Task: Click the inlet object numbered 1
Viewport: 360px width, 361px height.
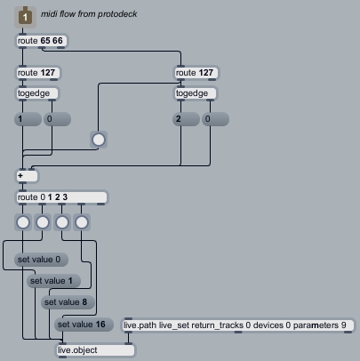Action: (25, 17)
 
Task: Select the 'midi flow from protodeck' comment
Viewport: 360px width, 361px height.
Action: (89, 14)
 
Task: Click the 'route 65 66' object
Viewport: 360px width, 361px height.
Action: (42, 41)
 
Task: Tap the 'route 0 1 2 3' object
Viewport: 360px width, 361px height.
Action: (61, 197)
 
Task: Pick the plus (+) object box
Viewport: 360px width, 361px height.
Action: (27, 176)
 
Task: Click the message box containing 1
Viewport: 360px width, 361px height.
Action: (28, 119)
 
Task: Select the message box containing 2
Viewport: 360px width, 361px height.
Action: (186, 119)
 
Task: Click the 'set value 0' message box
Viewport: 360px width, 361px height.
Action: (41, 260)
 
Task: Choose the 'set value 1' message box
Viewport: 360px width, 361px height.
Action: (53, 281)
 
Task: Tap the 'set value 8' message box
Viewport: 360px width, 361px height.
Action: (68, 302)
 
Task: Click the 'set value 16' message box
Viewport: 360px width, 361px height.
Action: (84, 325)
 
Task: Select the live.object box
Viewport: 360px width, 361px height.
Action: (95, 350)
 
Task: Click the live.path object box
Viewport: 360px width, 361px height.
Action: (238, 325)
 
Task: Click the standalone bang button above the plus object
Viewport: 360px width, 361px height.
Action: (99, 140)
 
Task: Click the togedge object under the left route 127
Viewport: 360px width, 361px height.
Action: (37, 93)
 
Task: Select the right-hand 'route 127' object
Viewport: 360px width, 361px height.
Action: (196, 73)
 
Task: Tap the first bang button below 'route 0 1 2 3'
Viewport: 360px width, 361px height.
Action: (23, 222)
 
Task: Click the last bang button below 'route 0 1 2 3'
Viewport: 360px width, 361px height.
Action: (82, 222)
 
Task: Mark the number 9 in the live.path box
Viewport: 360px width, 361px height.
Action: (343, 325)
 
